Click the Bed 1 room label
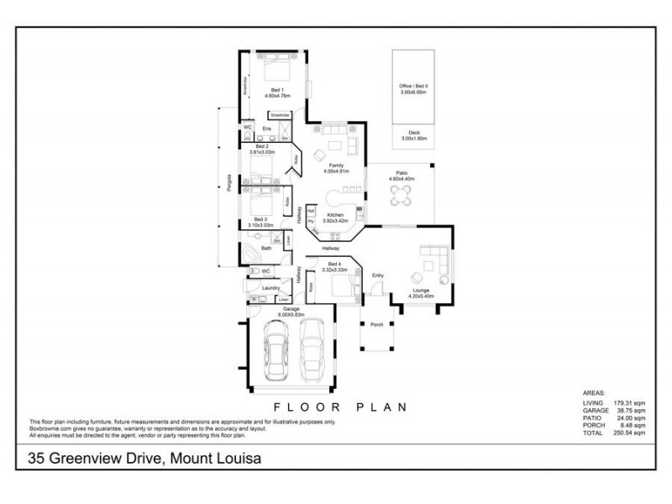277,90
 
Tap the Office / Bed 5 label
413,87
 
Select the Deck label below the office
413,132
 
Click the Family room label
336,165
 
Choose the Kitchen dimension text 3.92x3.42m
336,220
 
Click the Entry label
377,275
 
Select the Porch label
377,324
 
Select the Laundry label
270,288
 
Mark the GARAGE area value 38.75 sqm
629,412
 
